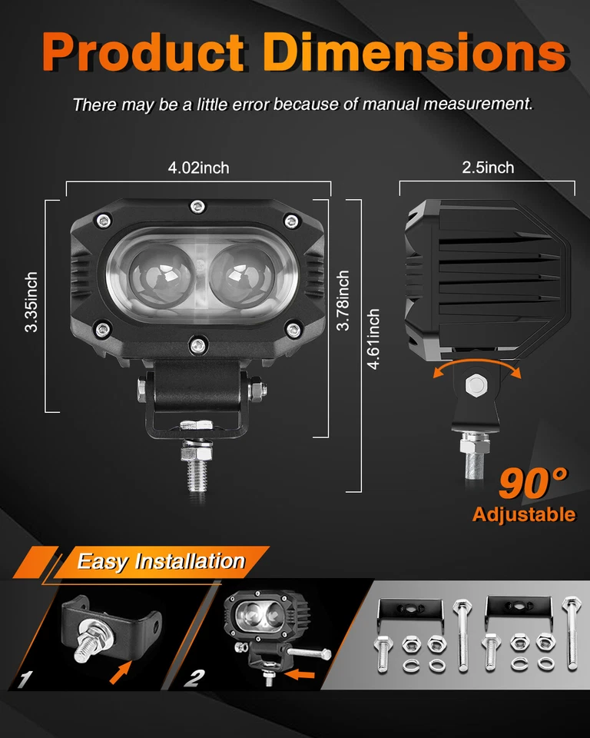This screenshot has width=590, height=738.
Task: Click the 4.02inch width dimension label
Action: (198, 168)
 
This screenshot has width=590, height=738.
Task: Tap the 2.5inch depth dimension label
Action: (488, 167)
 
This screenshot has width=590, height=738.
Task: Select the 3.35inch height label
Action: (31, 302)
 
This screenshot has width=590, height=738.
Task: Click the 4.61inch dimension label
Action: (374, 339)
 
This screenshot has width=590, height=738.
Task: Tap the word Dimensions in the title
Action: (414, 52)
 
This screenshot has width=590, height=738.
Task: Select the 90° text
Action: (533, 483)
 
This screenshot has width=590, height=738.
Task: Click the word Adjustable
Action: (524, 514)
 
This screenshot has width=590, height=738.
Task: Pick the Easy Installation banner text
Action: (161, 561)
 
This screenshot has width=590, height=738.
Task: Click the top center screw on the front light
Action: (197, 205)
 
